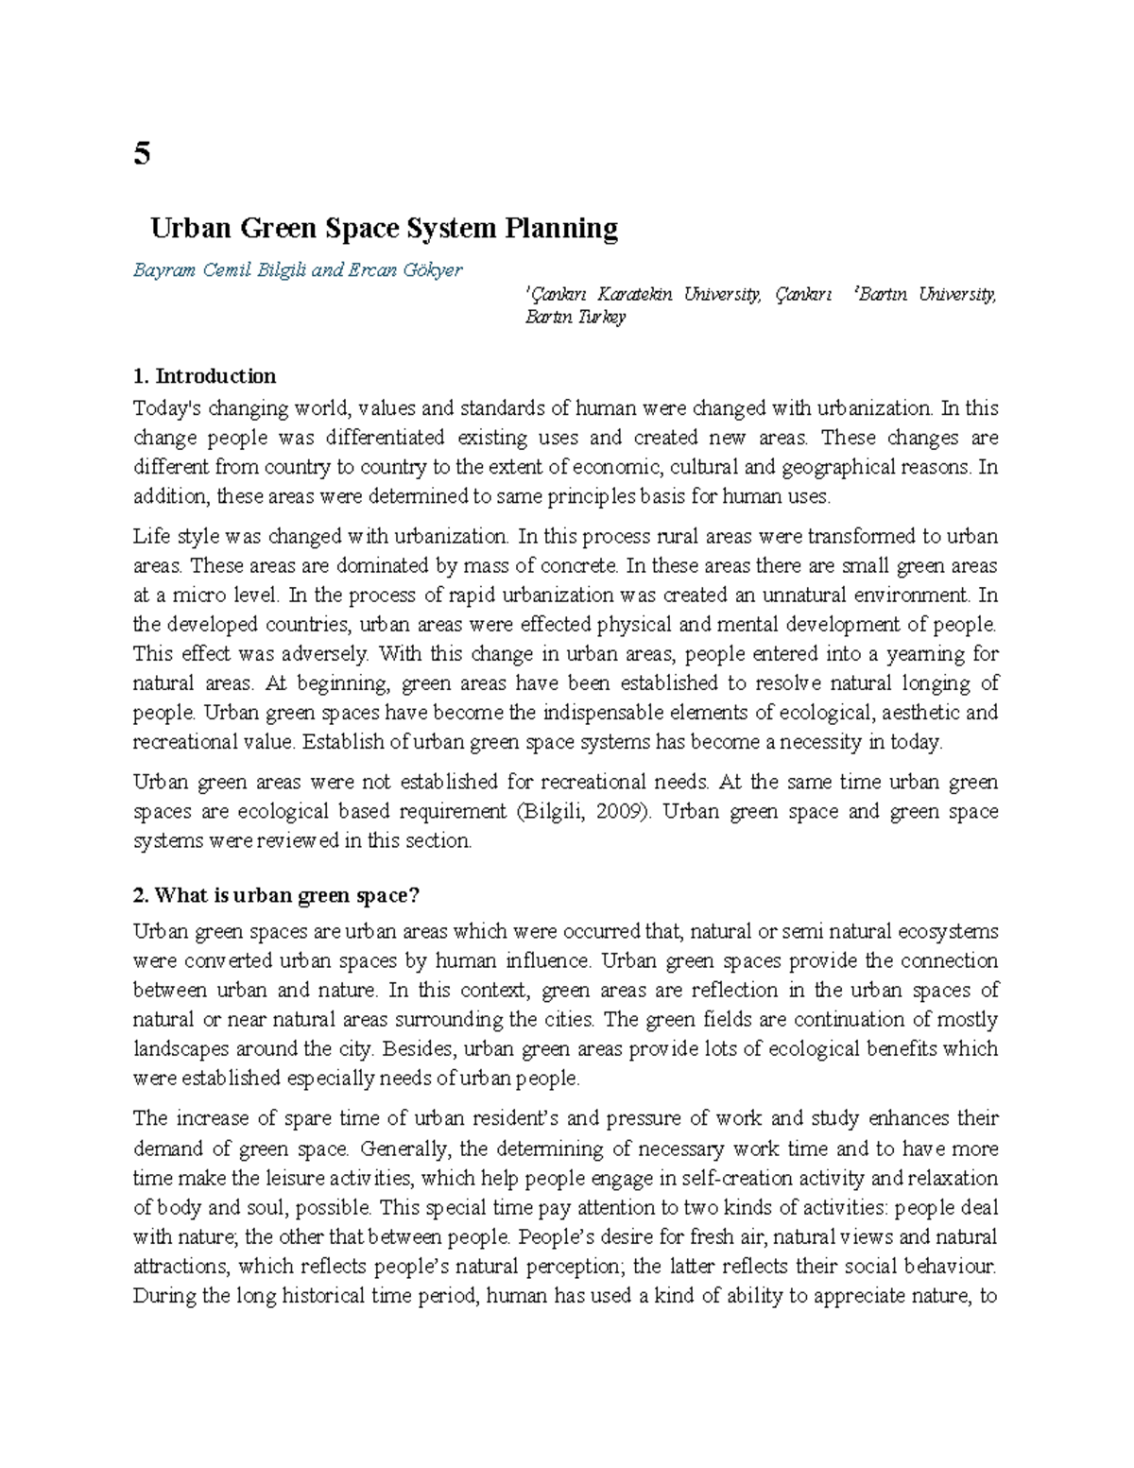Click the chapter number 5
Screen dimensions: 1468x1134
pos(142,153)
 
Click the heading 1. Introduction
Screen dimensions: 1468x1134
pos(205,376)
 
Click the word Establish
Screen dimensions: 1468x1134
pos(344,742)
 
